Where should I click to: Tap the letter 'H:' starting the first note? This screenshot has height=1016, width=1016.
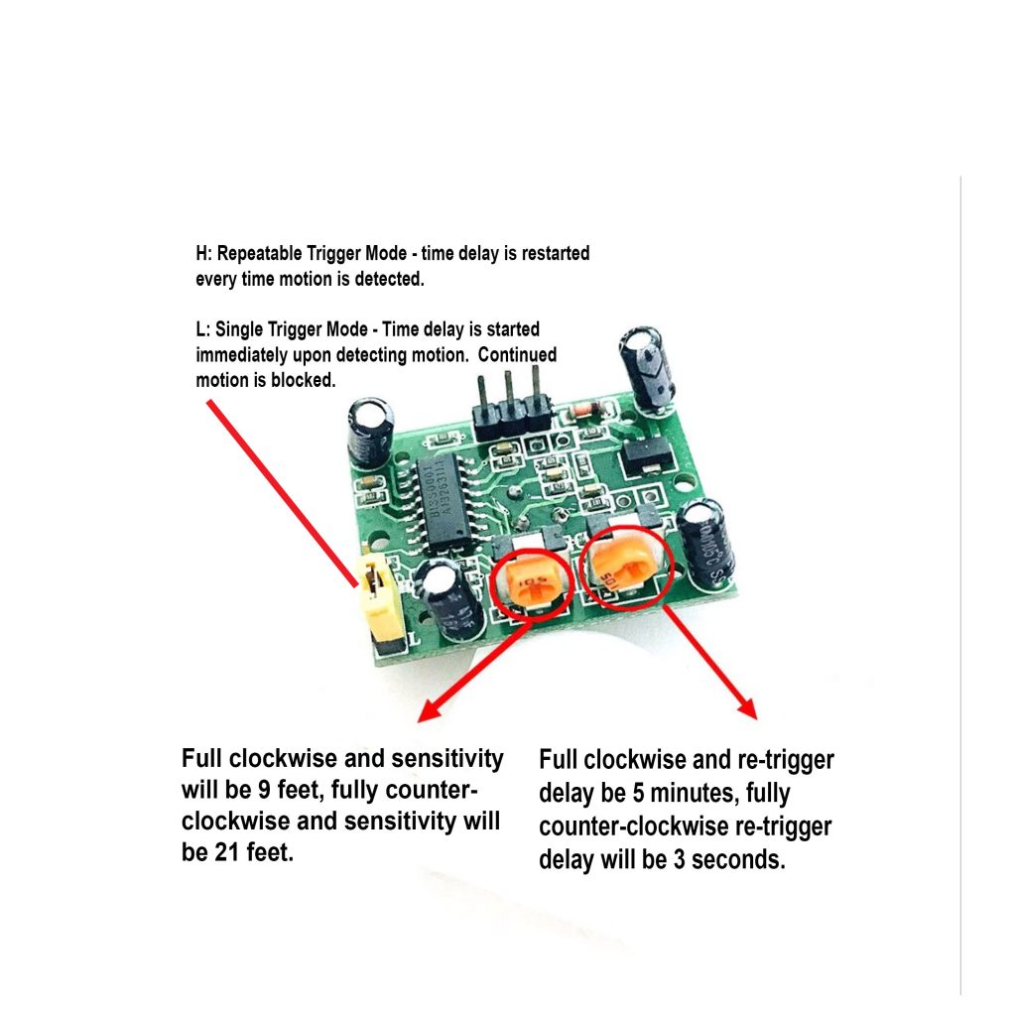click(x=203, y=254)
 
